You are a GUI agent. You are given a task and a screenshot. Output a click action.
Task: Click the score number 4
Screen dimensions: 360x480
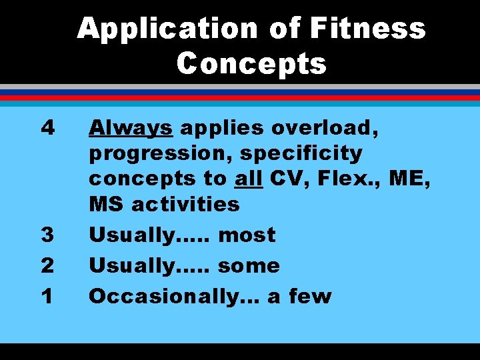45,126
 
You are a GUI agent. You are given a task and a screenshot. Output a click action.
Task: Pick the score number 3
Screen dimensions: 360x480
45,235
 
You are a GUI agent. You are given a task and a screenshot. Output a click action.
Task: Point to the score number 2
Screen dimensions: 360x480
45,265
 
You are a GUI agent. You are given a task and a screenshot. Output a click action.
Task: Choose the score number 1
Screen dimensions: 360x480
45,296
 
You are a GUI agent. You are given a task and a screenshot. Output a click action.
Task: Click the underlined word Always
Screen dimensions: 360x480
131,126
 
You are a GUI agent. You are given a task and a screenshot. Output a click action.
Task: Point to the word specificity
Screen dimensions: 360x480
301,153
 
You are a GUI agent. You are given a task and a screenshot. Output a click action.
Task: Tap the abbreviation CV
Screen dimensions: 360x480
286,179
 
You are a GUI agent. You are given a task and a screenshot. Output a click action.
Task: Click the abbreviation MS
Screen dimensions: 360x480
106,204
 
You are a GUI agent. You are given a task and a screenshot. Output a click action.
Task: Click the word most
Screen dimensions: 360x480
247,235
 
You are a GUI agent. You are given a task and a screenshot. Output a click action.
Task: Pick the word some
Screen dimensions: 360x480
249,265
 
